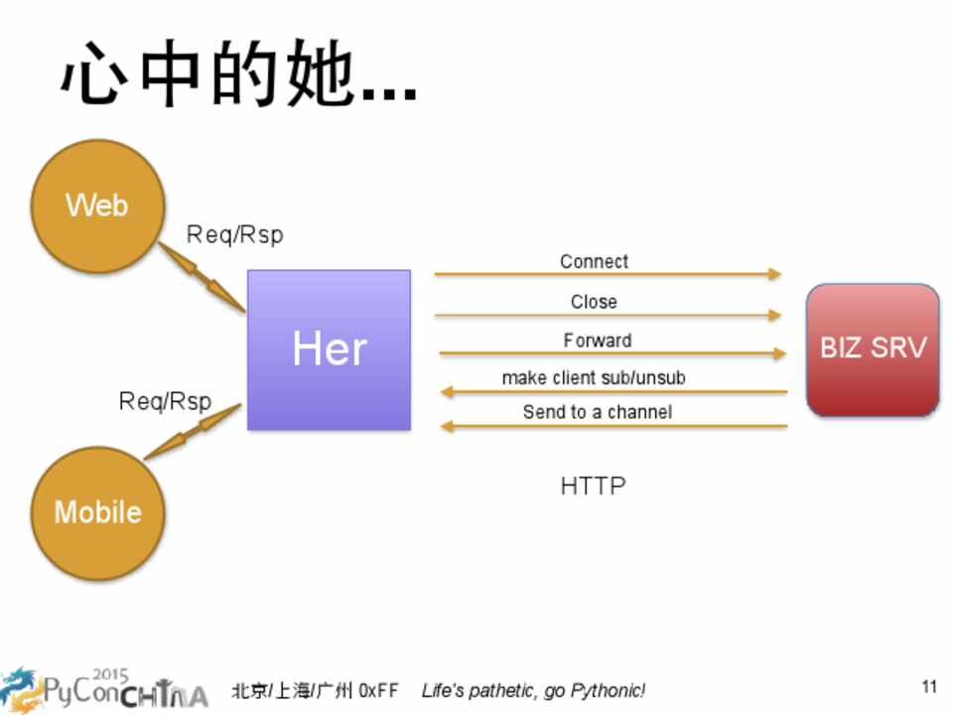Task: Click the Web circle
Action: tap(96, 207)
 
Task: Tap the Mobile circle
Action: tap(97, 512)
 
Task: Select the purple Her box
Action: tap(329, 350)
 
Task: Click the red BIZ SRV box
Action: tap(873, 350)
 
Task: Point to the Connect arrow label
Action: tap(594, 261)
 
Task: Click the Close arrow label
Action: tap(594, 302)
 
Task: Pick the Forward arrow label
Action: tap(597, 341)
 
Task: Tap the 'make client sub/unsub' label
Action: tap(594, 378)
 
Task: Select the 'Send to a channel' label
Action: tap(597, 412)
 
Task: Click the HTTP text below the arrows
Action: tap(593, 486)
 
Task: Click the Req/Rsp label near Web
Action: tap(234, 235)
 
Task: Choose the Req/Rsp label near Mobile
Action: tap(165, 401)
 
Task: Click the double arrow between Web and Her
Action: tap(203, 277)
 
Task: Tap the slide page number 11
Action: tap(929, 686)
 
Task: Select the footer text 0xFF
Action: tap(378, 690)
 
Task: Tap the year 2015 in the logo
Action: tap(110, 675)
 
